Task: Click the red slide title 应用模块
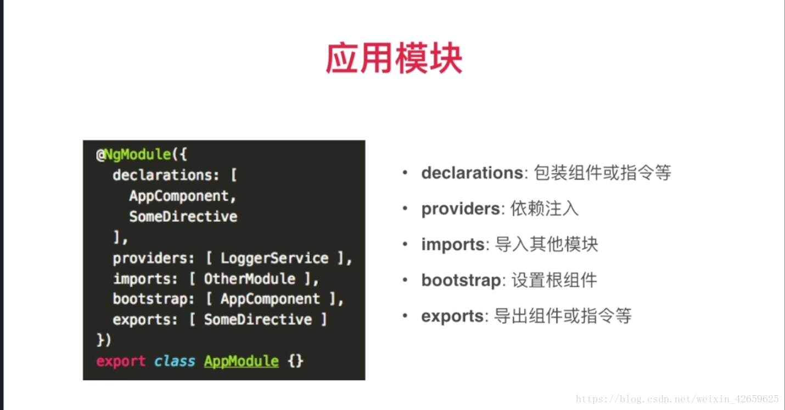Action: (394, 58)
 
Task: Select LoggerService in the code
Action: (274, 258)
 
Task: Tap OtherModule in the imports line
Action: (249, 279)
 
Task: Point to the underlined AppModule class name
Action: (241, 361)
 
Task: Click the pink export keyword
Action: (121, 361)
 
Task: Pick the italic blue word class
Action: (175, 361)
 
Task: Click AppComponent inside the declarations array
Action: (179, 196)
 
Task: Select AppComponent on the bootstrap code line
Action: (270, 299)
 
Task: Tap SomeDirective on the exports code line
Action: (257, 319)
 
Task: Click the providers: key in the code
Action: (153, 258)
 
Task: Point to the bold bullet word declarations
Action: (472, 173)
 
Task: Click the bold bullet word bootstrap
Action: (461, 280)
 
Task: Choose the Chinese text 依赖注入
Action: (545, 209)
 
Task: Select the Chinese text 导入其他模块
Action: (546, 244)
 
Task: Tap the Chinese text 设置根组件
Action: (554, 280)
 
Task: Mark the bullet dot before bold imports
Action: (405, 244)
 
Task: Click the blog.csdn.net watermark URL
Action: (677, 399)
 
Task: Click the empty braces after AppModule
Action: (295, 361)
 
